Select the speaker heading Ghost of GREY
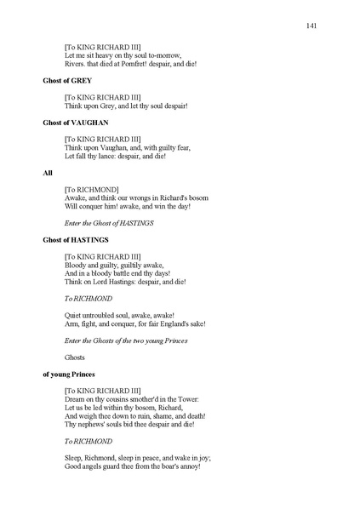pyautogui.click(x=67, y=81)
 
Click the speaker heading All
pyautogui.click(x=48, y=173)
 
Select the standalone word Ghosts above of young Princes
pyautogui.click(x=77, y=357)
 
